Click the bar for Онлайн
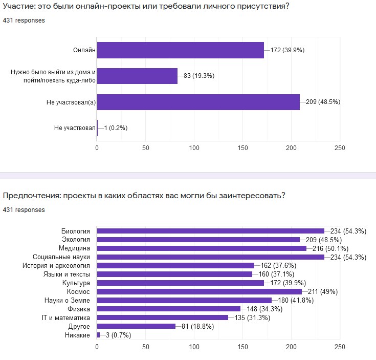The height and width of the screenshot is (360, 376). coord(180,50)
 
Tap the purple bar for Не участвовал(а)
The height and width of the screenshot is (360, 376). coord(198,102)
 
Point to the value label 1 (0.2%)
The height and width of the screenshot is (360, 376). coord(116,128)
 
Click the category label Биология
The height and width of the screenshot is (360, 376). coord(76,231)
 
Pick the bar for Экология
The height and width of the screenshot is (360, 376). coord(198,239)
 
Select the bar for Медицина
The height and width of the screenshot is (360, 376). coord(202,248)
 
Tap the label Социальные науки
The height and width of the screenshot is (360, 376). coord(62,257)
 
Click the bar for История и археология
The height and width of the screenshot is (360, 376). coord(175,265)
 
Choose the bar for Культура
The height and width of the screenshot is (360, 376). coord(180,283)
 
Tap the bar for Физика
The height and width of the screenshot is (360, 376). coord(169,309)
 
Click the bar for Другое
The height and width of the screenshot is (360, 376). coord(136,326)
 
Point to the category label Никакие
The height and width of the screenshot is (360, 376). coord(79,335)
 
